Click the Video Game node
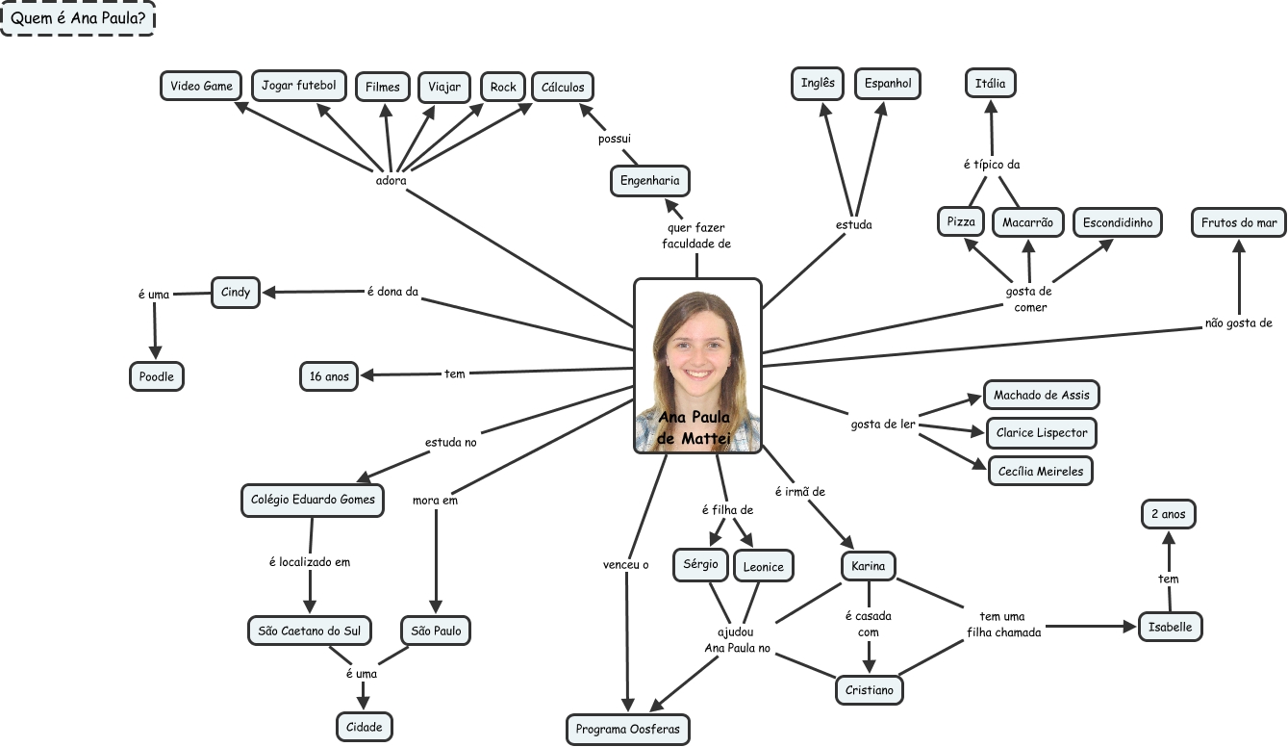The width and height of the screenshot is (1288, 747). (201, 86)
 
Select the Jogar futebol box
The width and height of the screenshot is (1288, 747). (298, 86)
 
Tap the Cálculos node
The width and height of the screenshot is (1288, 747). (563, 87)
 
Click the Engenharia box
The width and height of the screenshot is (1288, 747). (649, 180)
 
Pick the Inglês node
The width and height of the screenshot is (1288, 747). (818, 83)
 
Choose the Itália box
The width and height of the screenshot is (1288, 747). (990, 84)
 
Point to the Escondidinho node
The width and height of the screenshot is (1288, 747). (1117, 222)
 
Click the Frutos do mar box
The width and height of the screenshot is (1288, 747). (1239, 223)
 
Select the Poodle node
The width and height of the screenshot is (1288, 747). (156, 376)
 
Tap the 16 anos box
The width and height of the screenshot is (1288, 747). (329, 376)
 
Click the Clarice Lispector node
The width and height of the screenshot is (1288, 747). (1042, 433)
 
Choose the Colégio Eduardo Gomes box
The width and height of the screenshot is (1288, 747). (312, 500)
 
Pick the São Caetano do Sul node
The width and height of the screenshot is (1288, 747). (310, 631)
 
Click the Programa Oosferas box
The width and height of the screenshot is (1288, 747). (627, 729)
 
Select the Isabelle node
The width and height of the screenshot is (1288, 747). (1170, 627)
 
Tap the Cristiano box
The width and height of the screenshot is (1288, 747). (869, 690)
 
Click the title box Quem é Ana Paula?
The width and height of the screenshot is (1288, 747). (78, 18)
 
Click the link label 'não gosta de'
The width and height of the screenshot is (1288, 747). (1238, 323)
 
